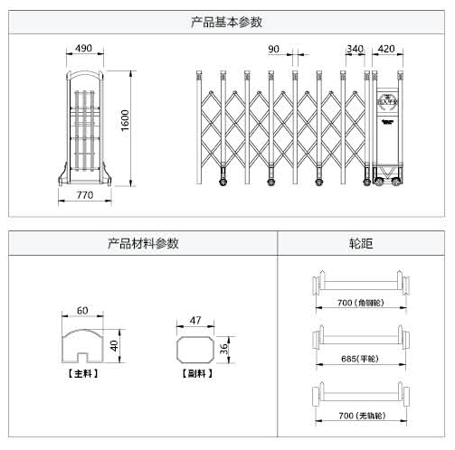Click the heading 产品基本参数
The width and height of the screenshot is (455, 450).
point(227,21)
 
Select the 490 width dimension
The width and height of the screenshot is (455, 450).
point(84,48)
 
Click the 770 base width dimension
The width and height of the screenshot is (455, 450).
point(85,194)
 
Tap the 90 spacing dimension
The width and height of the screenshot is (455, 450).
point(274,49)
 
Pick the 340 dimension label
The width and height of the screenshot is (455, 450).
point(355,49)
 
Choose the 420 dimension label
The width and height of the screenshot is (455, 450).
point(386,49)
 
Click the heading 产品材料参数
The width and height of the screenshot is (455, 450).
point(143,243)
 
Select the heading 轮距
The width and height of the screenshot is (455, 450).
point(360,243)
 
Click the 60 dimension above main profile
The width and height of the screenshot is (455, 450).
point(82,310)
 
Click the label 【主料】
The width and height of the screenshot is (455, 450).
point(82,372)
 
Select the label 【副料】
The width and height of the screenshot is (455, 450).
point(197,372)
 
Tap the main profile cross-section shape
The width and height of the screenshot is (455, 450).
point(82,345)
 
